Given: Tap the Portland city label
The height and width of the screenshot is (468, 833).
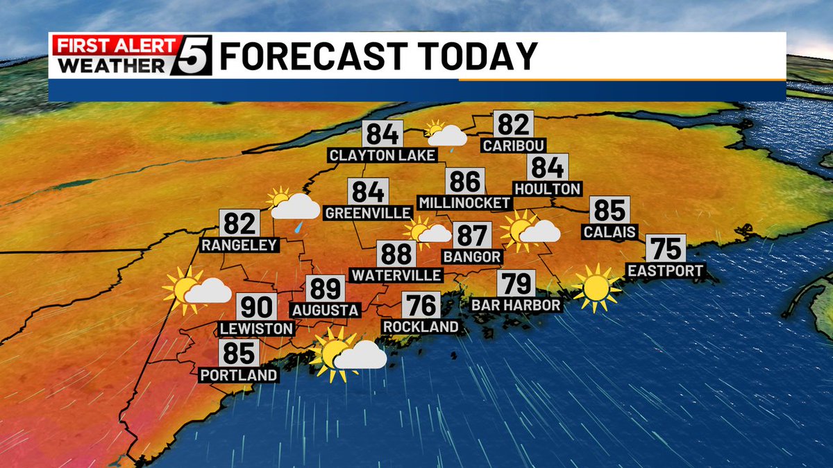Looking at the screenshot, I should pyautogui.click(x=239, y=375).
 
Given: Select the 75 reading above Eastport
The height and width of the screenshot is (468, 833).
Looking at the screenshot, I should pyautogui.click(x=666, y=248).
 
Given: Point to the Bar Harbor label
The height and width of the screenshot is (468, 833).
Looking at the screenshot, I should pyautogui.click(x=515, y=304).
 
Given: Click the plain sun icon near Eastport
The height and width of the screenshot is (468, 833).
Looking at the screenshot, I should pyautogui.click(x=596, y=287).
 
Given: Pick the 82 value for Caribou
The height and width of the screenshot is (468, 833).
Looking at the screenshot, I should pyautogui.click(x=513, y=124).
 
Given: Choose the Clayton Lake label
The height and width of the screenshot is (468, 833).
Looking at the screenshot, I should pyautogui.click(x=382, y=155).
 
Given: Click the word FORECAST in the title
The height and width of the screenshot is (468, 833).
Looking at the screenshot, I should pyautogui.click(x=319, y=56).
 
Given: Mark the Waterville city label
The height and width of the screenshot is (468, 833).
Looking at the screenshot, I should pyautogui.click(x=396, y=275).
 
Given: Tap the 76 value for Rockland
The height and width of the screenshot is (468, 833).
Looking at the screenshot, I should pyautogui.click(x=421, y=305).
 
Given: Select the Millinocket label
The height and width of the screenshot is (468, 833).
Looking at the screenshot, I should pyautogui.click(x=465, y=203).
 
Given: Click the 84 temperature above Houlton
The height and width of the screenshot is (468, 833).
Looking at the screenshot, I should pyautogui.click(x=548, y=167).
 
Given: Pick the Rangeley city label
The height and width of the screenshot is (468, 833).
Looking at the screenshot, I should pyautogui.click(x=239, y=245).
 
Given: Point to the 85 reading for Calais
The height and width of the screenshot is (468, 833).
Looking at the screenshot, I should pyautogui.click(x=609, y=210).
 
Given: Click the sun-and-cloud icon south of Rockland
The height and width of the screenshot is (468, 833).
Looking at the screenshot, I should pyautogui.click(x=348, y=354).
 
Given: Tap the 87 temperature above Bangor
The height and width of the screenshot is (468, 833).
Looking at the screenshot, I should pyautogui.click(x=472, y=236).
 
